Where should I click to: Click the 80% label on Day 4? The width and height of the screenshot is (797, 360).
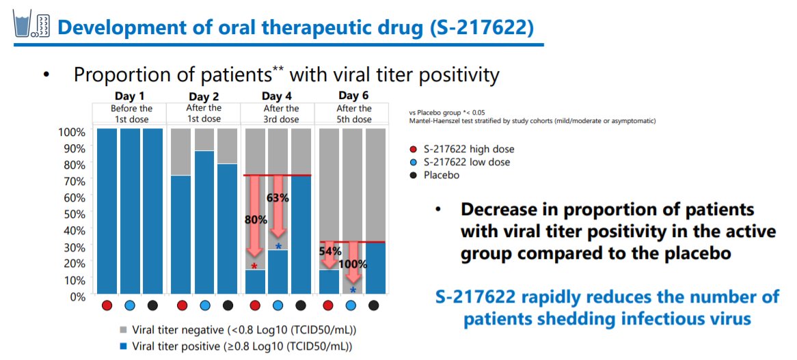[256, 220]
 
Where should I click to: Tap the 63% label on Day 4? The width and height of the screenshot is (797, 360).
[278, 199]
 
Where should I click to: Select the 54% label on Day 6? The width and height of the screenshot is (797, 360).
[330, 251]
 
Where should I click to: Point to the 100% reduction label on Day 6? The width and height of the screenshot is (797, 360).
[353, 264]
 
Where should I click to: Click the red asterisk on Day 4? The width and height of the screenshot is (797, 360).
[255, 266]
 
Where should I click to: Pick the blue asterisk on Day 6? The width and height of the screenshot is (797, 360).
[353, 290]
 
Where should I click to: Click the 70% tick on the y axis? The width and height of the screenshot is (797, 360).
[75, 180]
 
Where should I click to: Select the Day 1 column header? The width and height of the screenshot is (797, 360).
[130, 96]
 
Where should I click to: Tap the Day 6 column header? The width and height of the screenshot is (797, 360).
[353, 96]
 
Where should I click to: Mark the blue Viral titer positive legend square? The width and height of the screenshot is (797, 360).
[123, 346]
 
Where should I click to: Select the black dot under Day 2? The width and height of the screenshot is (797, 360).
[228, 305]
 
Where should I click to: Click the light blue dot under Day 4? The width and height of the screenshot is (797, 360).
[278, 305]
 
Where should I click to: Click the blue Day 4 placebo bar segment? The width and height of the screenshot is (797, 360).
[301, 236]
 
